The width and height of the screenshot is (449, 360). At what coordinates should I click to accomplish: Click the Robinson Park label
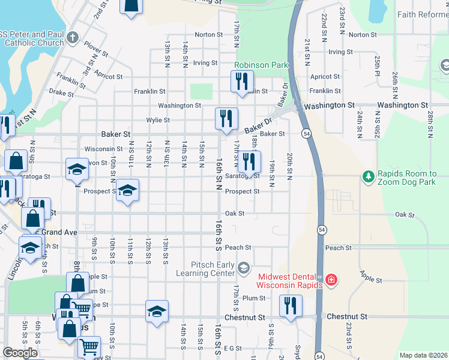click(261, 65)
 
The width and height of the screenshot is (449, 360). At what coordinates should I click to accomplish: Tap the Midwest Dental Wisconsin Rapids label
click(290, 280)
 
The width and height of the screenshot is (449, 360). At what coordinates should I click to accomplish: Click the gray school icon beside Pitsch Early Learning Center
click(243, 266)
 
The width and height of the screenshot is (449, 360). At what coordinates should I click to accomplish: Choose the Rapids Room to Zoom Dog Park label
click(406, 178)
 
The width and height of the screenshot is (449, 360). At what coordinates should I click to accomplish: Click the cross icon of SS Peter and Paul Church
click(73, 38)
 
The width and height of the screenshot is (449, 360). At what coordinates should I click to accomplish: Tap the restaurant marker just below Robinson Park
click(242, 82)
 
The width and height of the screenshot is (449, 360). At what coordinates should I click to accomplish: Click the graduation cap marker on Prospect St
click(127, 190)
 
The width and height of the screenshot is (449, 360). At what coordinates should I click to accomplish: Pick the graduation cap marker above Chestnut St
click(157, 311)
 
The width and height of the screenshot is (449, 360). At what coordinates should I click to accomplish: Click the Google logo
click(20, 353)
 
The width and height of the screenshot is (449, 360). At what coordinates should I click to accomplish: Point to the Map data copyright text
click(423, 355)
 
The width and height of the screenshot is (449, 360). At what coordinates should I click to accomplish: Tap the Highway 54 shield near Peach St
click(322, 230)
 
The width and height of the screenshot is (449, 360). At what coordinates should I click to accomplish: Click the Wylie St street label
click(158, 120)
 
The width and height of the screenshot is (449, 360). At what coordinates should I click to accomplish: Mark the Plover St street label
click(95, 48)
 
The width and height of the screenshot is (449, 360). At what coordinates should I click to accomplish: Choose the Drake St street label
click(61, 93)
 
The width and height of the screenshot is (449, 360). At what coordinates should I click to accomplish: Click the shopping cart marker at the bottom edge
click(89, 346)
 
